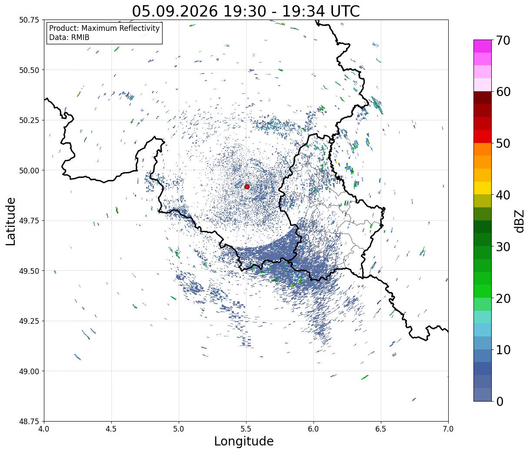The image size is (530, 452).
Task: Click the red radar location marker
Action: tap(247, 186)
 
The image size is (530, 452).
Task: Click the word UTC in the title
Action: tap(345, 12)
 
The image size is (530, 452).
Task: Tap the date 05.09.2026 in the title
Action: tap(175, 12)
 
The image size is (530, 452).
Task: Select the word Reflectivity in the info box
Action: tap(139, 28)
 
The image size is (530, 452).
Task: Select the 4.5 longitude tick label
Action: tap(111, 429)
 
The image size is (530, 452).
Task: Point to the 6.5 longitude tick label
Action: tap(381, 429)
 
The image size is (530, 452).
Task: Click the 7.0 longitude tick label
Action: tap(448, 429)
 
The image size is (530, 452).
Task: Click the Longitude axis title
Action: tap(244, 442)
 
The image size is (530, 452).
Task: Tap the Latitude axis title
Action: tap(10, 221)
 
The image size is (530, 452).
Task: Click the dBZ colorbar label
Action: tap(520, 221)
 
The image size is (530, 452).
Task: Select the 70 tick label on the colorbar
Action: tap(503, 40)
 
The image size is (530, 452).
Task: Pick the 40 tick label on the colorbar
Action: tap(503, 195)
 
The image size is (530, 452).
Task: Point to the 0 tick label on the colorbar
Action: tap(500, 402)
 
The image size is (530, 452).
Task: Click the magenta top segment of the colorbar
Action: tap(483, 46)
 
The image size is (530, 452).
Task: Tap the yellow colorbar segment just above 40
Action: tap(483, 188)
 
